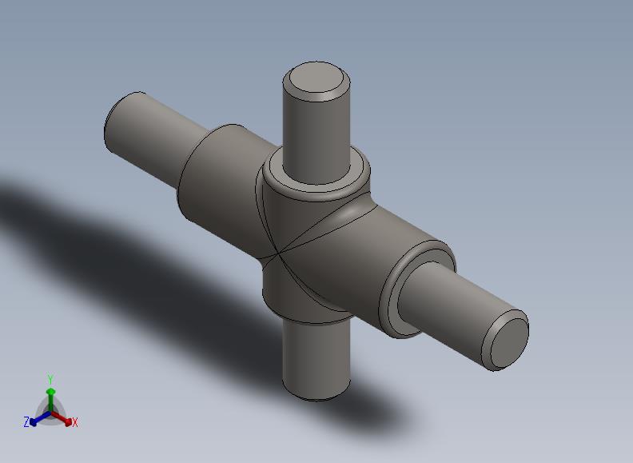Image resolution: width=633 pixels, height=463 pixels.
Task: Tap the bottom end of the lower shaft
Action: pyautogui.click(x=316, y=393)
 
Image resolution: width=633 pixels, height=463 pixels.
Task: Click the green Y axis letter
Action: pyautogui.click(x=50, y=379)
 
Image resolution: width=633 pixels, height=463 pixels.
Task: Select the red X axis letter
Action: pyautogui.click(x=74, y=422)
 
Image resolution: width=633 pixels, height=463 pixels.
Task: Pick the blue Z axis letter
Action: pyautogui.click(x=26, y=421)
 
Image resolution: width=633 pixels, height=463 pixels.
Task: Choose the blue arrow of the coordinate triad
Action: pyautogui.click(x=40, y=418)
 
